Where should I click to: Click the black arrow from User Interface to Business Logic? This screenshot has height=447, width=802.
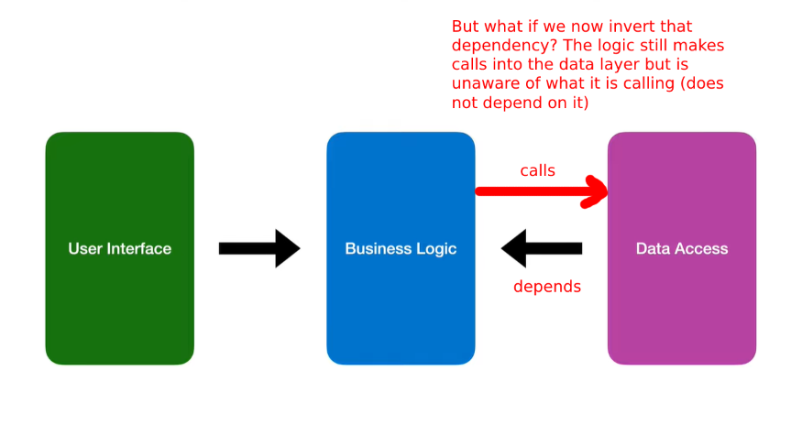[259, 248]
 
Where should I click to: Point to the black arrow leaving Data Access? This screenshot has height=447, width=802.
[542, 248]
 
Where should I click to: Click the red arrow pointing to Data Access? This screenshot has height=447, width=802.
[542, 191]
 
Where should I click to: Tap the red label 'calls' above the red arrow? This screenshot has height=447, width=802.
[537, 170]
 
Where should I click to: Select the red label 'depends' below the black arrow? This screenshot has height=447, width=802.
[547, 287]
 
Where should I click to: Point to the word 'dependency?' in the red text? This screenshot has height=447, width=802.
[504, 46]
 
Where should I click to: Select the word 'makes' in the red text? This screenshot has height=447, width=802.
[698, 46]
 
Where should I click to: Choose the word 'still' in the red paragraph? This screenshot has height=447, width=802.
[651, 46]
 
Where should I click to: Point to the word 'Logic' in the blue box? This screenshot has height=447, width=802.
[436, 249]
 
